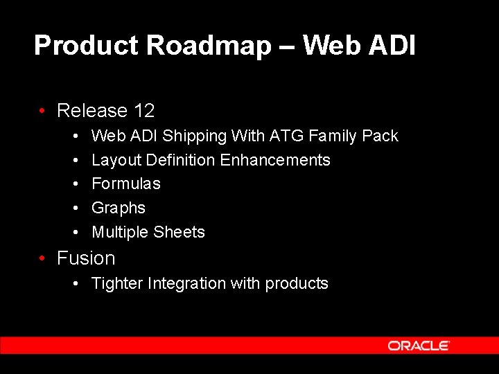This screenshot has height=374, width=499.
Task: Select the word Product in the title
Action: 87,46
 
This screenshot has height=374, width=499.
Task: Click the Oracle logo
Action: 419,346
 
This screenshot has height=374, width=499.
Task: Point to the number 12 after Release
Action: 144,111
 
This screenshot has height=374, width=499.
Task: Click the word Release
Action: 92,111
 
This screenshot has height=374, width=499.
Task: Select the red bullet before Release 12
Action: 43,111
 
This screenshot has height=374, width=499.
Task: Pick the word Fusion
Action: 86,258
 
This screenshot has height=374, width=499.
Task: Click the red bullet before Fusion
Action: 43,258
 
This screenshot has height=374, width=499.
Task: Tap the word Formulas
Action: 125,184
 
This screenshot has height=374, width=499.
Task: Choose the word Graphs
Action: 119,208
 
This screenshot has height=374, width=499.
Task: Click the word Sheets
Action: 182,232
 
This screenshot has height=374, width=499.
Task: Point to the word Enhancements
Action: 274,160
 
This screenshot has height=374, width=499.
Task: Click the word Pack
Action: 380,136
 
